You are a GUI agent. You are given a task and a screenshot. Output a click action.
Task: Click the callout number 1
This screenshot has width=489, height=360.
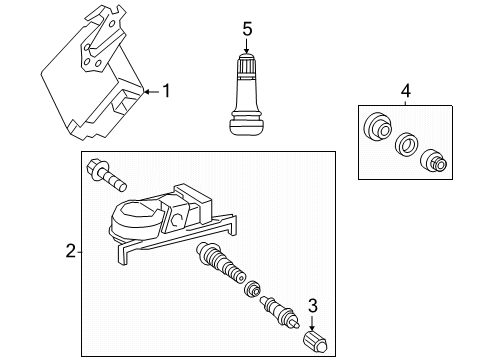(166, 91)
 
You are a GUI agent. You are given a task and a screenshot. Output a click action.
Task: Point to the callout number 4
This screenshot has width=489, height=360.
(405, 94)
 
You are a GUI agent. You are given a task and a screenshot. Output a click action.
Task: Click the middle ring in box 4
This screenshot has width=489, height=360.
(405, 144)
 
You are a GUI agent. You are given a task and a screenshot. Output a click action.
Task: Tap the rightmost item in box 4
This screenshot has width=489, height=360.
(433, 159)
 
